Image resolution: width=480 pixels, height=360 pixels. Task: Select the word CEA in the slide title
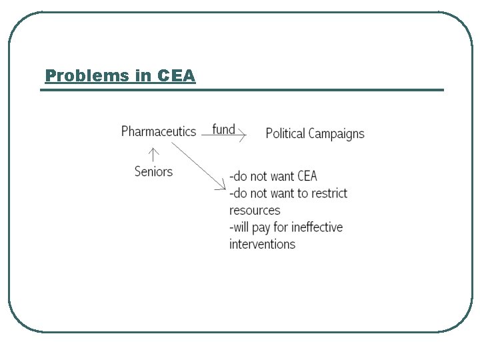coord(177,76)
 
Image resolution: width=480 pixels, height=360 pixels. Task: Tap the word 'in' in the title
coord(145,76)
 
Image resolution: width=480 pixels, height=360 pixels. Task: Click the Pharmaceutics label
coord(159,131)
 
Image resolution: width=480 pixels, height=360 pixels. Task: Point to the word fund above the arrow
coord(224,129)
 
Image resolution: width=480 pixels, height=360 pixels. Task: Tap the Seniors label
coord(153,171)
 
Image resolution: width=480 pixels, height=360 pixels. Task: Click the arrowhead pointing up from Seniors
coord(154,151)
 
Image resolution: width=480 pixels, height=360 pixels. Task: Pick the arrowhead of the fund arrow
coord(243,136)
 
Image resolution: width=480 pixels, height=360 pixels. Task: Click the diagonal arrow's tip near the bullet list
coord(225,188)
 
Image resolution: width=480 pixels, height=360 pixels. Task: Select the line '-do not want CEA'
coord(273,177)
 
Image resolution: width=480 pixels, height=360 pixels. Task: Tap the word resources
coord(255,211)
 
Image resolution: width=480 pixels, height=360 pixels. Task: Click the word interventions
coord(262,244)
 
